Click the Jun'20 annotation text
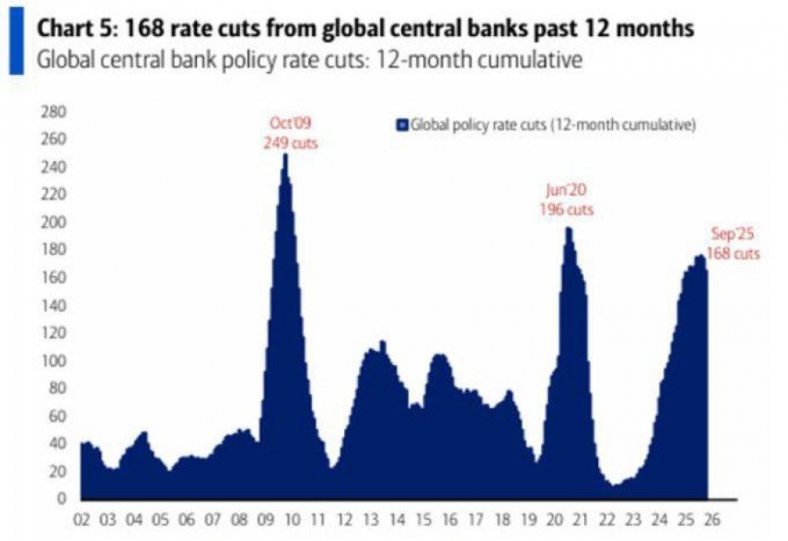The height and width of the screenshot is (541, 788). coord(566,192)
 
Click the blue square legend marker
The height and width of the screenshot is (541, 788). coord(404,124)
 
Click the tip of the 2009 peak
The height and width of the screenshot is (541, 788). coord(285,155)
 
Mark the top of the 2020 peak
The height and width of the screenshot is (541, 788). coord(567,228)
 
